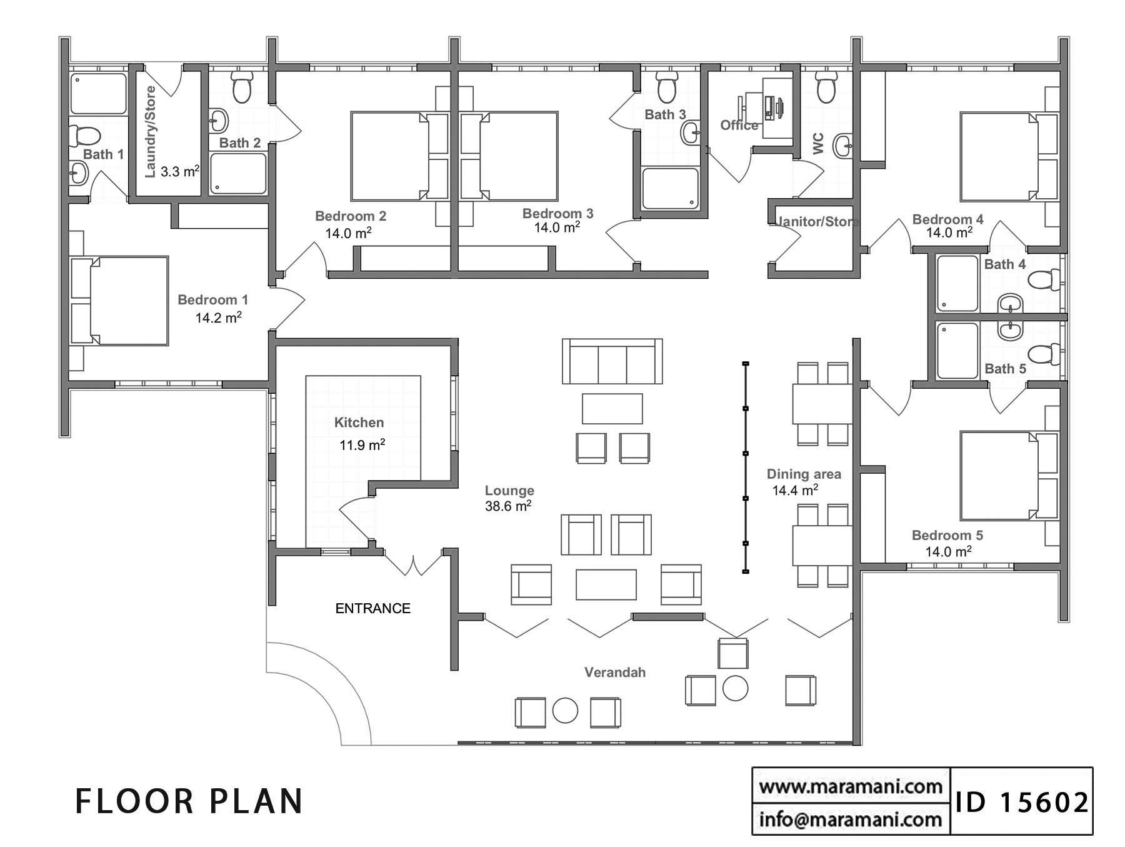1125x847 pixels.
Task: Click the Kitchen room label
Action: [x=359, y=423]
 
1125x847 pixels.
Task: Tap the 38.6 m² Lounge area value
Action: [x=508, y=506]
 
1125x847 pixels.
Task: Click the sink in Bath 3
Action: [x=691, y=133]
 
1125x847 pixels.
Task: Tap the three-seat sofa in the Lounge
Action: [x=612, y=361]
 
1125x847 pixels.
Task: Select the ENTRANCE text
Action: [x=372, y=608]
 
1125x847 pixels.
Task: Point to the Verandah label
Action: [x=614, y=673]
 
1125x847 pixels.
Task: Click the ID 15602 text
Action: [x=1021, y=802]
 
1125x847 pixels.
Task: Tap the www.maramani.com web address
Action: [x=850, y=786]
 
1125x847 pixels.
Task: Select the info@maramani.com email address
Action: [x=850, y=819]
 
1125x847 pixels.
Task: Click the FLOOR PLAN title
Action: [x=189, y=801]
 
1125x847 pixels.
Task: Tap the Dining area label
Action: [x=804, y=474]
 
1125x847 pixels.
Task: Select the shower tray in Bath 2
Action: [x=237, y=174]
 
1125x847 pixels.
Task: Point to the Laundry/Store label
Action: [x=150, y=132]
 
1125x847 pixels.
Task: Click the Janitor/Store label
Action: [x=816, y=221]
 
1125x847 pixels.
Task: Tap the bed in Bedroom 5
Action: [x=999, y=475]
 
